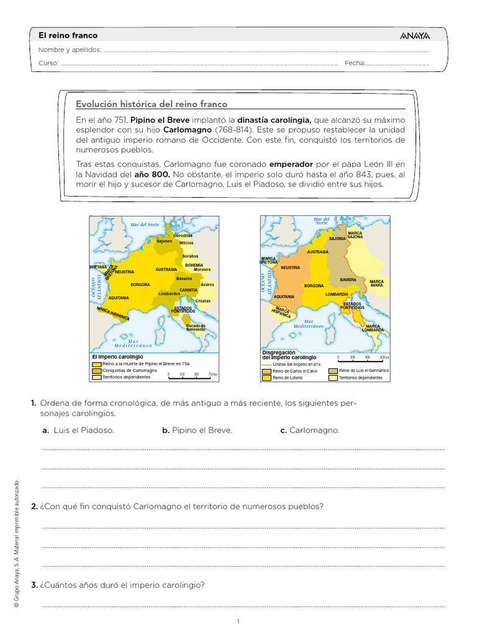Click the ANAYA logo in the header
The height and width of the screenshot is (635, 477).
tap(416, 36)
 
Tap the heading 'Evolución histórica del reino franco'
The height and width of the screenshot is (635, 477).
tap(151, 104)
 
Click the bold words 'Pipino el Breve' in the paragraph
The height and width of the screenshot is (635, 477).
tap(160, 120)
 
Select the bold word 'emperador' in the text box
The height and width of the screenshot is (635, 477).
tap(291, 164)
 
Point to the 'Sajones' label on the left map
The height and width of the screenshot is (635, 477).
tap(164, 241)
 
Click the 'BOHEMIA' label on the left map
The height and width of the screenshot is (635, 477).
tap(194, 265)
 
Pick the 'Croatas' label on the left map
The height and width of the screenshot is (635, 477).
tap(202, 301)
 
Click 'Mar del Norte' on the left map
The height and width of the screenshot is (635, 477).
tap(145, 224)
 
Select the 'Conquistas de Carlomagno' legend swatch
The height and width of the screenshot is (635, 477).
tap(96, 370)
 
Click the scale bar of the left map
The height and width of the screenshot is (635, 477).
tap(189, 375)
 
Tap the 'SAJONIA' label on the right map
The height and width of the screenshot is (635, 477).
tap(337, 238)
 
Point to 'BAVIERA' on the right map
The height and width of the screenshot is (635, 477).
tap(348, 280)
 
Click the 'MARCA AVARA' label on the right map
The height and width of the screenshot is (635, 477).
tap(376, 283)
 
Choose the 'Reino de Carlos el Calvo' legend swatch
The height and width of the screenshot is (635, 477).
tap(267, 370)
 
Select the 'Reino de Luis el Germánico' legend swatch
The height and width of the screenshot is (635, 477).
tap(334, 370)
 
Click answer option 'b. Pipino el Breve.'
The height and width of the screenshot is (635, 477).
tap(197, 430)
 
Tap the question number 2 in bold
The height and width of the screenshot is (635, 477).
tap(34, 507)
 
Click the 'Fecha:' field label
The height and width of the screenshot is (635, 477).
tap(354, 63)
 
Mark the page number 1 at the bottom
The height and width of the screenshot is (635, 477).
tap(238, 621)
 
